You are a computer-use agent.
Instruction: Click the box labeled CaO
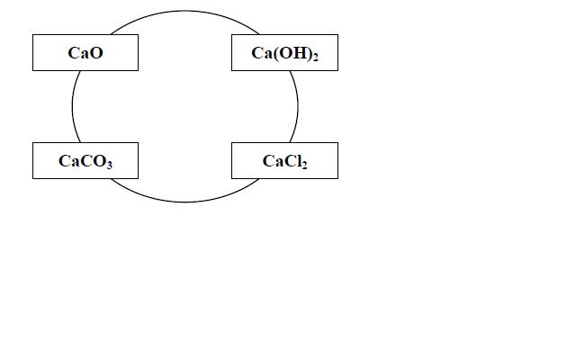[85, 52]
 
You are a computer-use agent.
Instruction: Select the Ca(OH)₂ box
[284, 52]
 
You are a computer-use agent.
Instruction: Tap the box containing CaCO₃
[85, 160]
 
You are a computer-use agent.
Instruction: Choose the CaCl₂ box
[284, 160]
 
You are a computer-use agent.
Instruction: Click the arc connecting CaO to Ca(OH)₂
[184, 11]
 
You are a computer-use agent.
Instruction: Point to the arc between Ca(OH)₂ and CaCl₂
[298, 106]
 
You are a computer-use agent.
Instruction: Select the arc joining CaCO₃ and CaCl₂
[184, 202]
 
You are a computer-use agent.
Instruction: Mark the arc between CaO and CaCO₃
[72, 106]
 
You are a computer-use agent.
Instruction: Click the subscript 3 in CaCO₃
[110, 164]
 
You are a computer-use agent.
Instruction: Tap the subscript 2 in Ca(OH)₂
[315, 57]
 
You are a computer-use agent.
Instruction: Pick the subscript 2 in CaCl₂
[304, 165]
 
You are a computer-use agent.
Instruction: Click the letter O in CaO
[96, 53]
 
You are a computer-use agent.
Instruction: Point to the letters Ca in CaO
[78, 53]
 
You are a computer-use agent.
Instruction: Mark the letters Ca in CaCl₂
[273, 161]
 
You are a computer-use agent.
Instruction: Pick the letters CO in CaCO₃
[94, 161]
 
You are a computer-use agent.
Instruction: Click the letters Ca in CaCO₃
[69, 161]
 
